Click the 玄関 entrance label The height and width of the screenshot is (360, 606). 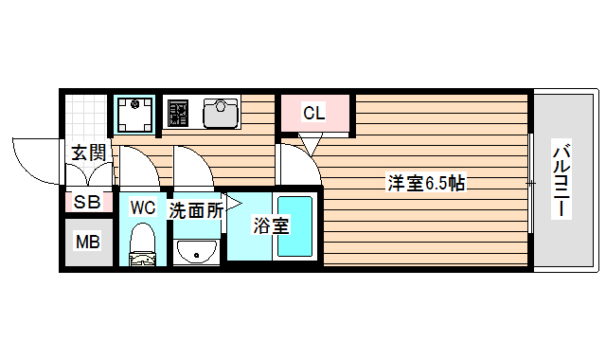[x=88, y=152]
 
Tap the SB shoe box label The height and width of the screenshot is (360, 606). [x=87, y=201]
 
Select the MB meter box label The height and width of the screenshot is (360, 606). [x=87, y=243]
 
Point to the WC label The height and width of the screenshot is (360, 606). [x=143, y=207]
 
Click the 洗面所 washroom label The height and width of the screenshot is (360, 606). [x=196, y=210]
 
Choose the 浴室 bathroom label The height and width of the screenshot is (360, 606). [x=271, y=225]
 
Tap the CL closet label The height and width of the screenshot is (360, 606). [x=314, y=114]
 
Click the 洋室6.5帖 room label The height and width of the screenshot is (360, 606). [x=426, y=183]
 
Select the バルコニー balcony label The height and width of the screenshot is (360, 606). [x=563, y=180]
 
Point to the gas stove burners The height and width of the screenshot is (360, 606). [x=178, y=114]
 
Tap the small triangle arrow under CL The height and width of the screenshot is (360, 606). [x=309, y=143]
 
